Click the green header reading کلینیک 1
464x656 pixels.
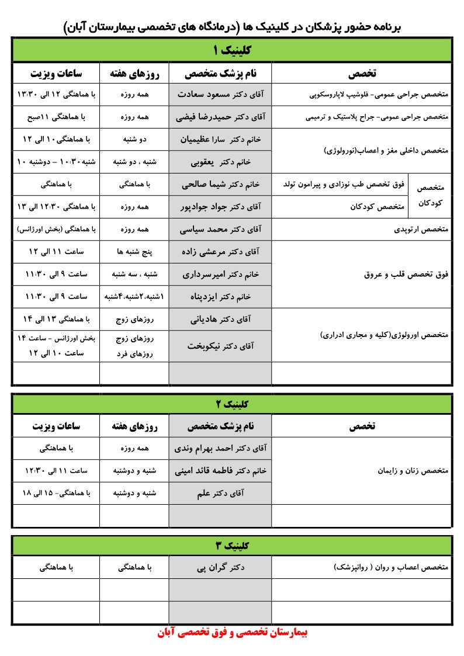232,50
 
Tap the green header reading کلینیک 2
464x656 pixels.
232,404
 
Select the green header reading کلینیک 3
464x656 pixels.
232,546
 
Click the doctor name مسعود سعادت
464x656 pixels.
220,94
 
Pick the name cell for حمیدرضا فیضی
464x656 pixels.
220,117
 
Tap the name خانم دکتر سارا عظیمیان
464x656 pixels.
220,140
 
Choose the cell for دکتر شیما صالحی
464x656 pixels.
220,185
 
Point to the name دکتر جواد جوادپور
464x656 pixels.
220,207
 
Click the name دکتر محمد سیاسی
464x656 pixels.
220,230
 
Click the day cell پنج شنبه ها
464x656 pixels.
134,252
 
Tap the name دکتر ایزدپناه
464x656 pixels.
220,297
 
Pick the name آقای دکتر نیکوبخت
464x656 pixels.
220,346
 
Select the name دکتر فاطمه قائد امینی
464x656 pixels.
220,471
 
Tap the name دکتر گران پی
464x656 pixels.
220,567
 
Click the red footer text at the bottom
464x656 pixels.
232,633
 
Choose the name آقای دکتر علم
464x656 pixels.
220,493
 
